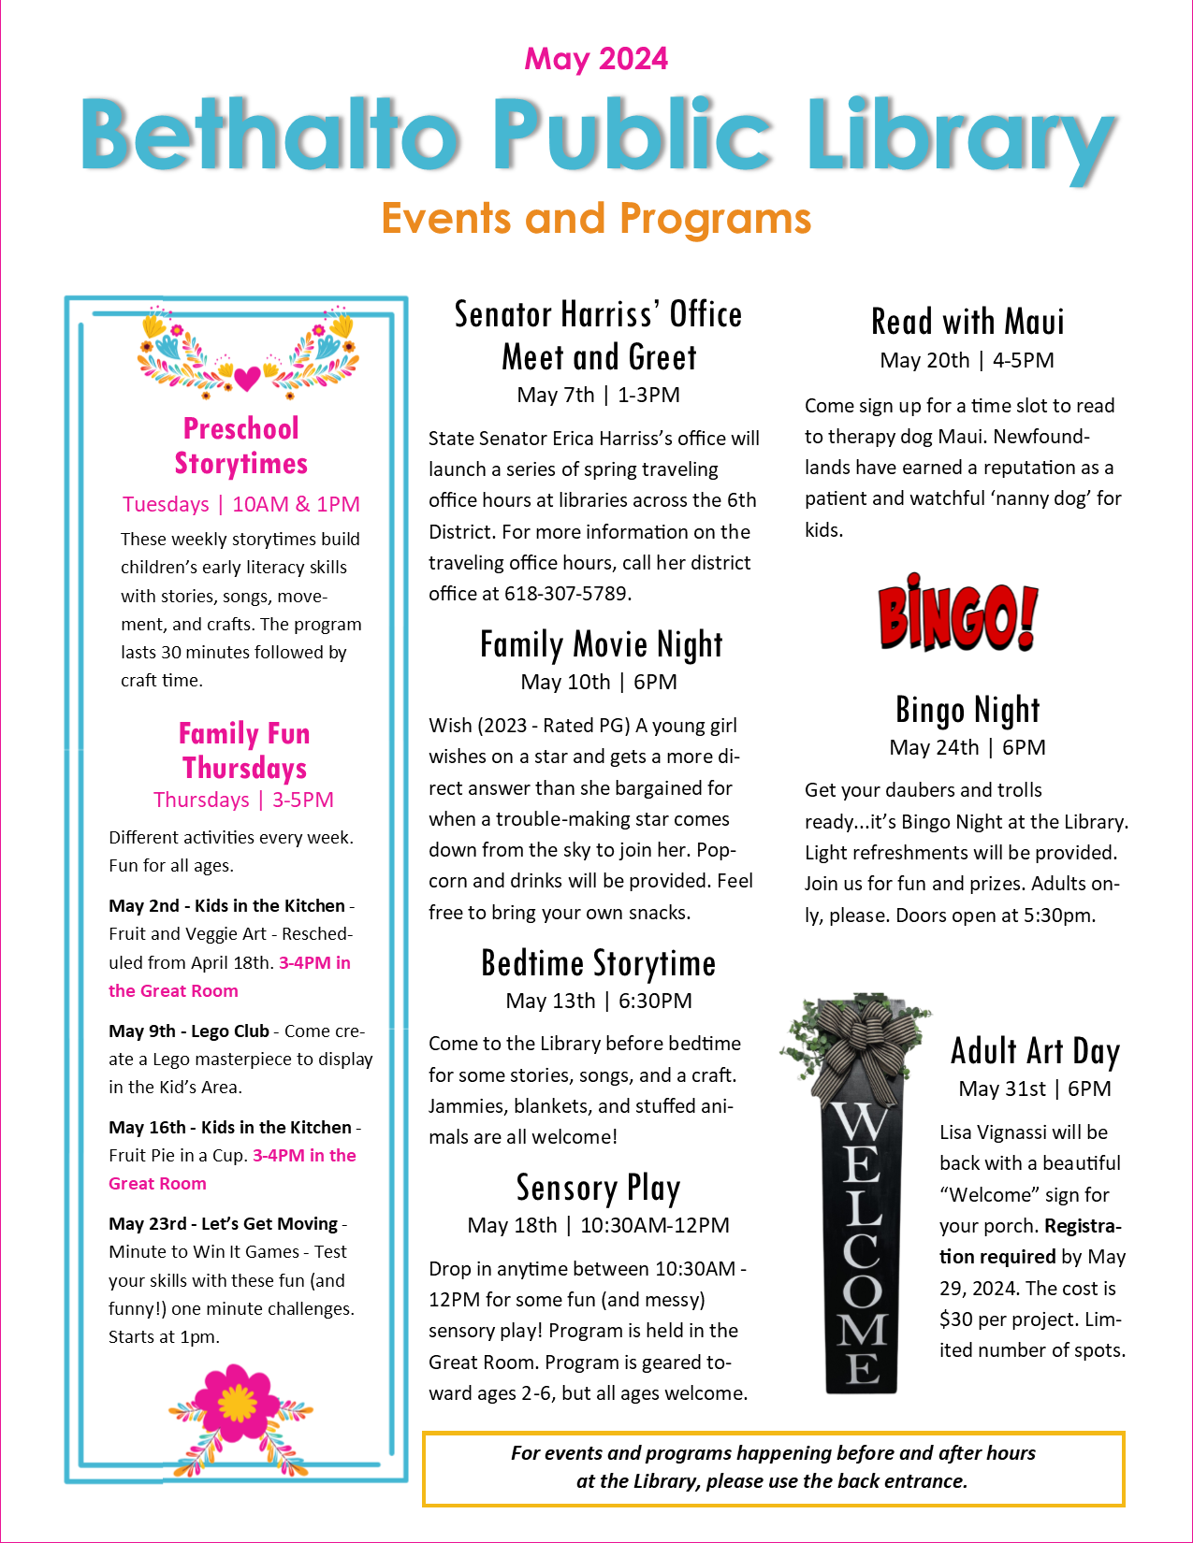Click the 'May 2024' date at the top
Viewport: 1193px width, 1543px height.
click(x=596, y=59)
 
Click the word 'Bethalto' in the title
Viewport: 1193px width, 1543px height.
click(x=271, y=136)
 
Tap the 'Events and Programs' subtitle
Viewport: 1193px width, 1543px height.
click(x=596, y=219)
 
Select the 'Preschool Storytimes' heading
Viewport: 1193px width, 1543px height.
click(x=241, y=446)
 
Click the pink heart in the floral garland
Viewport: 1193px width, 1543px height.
click(x=247, y=378)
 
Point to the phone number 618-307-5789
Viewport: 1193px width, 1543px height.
click(x=568, y=594)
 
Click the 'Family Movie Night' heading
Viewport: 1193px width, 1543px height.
click(x=601, y=644)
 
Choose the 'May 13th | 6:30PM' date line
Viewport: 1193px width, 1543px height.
click(x=599, y=1001)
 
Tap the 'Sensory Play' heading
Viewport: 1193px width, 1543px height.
click(x=598, y=1188)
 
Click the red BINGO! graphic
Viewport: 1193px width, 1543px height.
click(x=958, y=615)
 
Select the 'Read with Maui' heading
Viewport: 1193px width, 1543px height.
click(x=967, y=322)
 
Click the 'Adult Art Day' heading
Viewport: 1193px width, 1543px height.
click(x=1035, y=1051)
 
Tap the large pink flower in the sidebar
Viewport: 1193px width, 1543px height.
click(x=238, y=1400)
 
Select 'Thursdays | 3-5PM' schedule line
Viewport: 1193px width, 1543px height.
click(x=243, y=800)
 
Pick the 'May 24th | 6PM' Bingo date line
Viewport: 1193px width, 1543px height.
click(x=967, y=747)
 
